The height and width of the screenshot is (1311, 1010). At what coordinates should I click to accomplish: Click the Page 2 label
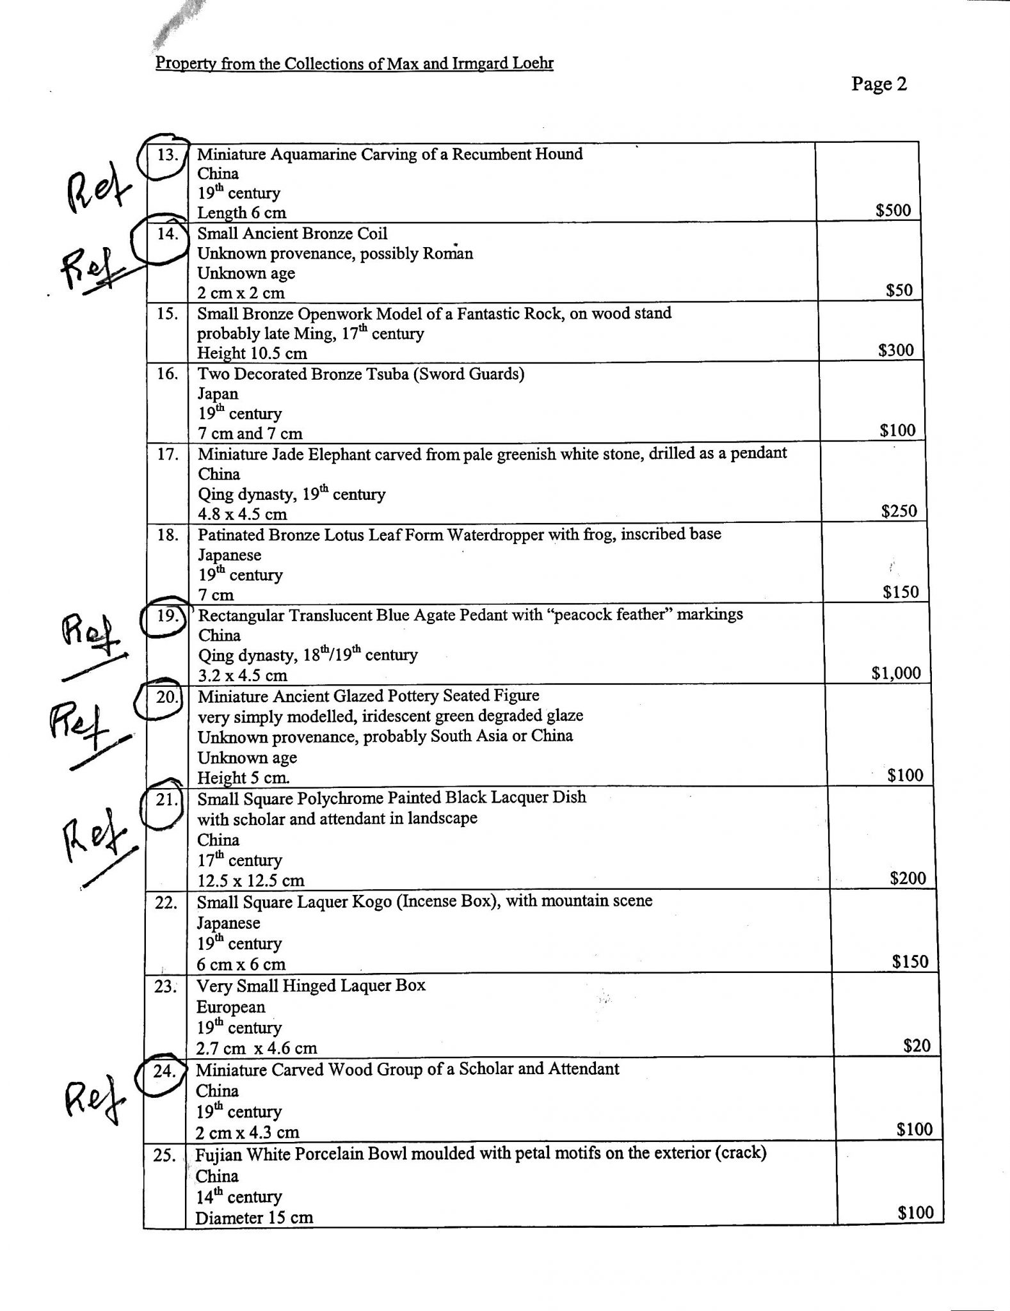point(879,84)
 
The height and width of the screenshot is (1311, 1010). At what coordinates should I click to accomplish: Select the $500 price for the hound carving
point(893,210)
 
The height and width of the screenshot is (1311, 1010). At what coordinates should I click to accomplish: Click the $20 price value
point(916,1046)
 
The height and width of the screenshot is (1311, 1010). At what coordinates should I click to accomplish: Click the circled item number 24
point(164,1071)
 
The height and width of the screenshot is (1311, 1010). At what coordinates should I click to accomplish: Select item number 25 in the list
point(165,1156)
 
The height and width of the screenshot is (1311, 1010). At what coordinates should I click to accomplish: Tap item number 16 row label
point(167,374)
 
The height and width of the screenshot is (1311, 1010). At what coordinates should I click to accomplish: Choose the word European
point(230,1007)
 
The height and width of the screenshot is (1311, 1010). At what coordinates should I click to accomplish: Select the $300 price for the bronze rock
point(896,350)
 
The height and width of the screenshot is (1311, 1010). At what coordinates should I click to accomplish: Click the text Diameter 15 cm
point(254,1217)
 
